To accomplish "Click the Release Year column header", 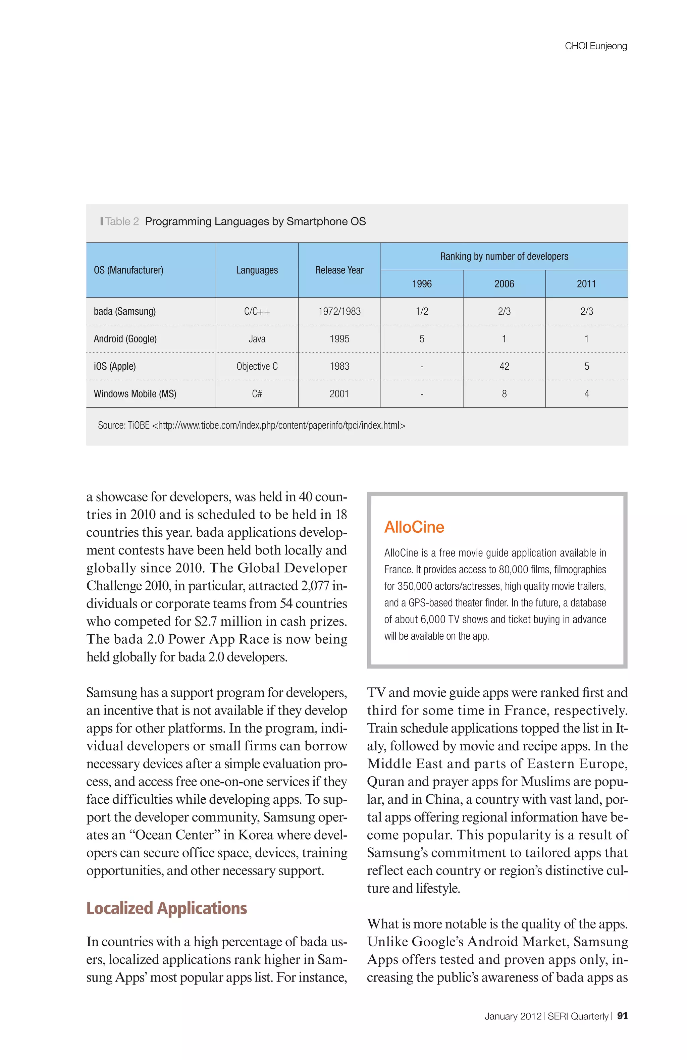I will click(339, 270).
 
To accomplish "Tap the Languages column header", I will click(257, 270).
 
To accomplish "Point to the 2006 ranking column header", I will click(504, 284).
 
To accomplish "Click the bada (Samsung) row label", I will click(125, 311).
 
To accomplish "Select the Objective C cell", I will click(257, 366).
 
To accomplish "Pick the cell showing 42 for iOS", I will click(504, 366).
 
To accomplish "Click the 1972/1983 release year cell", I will click(339, 311).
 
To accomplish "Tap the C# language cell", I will click(257, 394).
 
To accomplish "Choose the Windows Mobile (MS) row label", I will click(135, 394).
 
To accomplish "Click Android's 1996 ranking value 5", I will click(421, 339).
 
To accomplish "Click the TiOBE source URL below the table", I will click(278, 425).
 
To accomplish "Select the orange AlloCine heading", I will click(414, 527).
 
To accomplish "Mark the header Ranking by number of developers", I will click(504, 257).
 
